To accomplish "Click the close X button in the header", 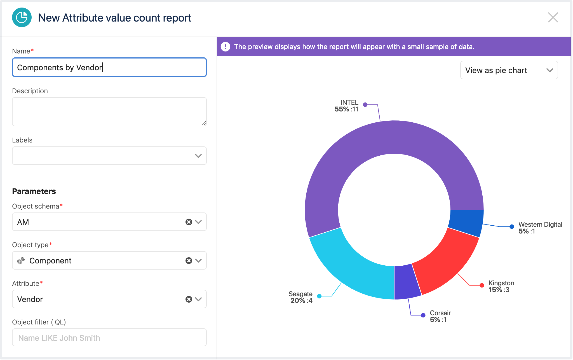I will click(x=553, y=18).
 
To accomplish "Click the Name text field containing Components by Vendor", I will click(x=109, y=67).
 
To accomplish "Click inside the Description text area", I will click(x=109, y=112).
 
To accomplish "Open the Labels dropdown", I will click(x=109, y=156).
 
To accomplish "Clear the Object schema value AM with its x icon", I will click(x=189, y=222).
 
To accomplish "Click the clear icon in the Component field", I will click(x=189, y=261).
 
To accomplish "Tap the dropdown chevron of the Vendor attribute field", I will click(x=199, y=299).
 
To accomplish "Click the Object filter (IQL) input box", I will click(x=109, y=338).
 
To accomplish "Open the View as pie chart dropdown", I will click(x=509, y=70).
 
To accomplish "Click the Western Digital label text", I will click(x=540, y=225).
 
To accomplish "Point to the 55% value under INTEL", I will click(x=342, y=109).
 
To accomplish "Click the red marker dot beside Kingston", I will click(x=482, y=285).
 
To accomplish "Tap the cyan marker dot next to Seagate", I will click(x=319, y=296).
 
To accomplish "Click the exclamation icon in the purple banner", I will click(x=226, y=47).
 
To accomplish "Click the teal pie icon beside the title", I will click(x=22, y=18).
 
